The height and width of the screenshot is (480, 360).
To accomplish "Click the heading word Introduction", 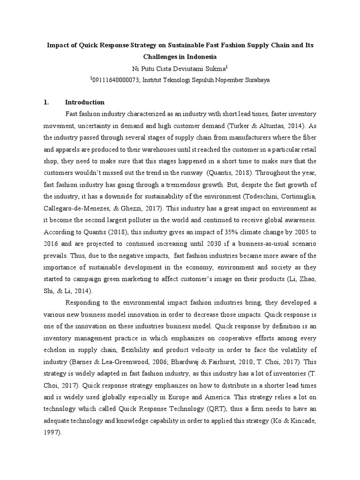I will coord(84,102).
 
